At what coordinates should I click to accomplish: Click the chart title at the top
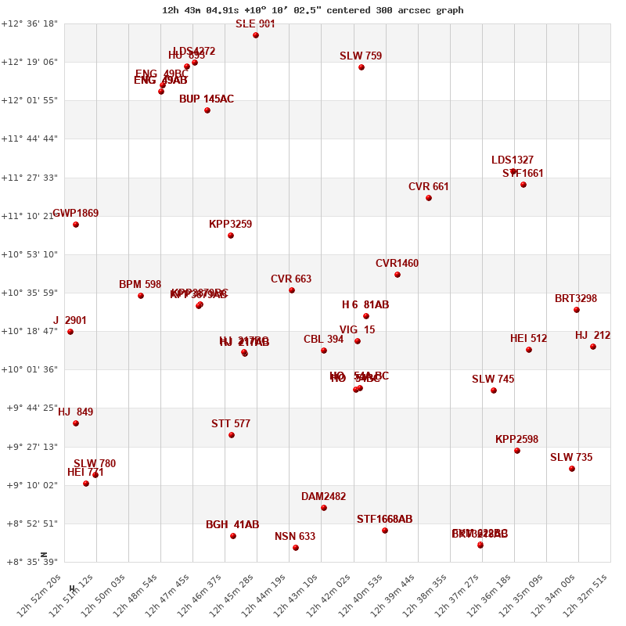(x=312, y=10)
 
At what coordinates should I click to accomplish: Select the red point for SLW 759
(x=362, y=67)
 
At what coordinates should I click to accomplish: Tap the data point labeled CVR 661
(x=429, y=198)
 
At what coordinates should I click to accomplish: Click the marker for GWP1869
(x=76, y=225)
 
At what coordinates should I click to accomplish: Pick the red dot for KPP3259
(x=231, y=236)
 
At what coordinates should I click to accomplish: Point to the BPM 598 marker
(x=141, y=296)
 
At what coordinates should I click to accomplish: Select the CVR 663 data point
(x=292, y=290)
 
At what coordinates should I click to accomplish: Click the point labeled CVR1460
(x=398, y=275)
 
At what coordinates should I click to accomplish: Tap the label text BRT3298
(x=576, y=298)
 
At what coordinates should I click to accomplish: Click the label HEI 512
(x=529, y=338)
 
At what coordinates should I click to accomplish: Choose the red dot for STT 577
(x=232, y=435)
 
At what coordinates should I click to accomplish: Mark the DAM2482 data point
(x=324, y=508)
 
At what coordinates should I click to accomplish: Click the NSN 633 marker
(x=296, y=548)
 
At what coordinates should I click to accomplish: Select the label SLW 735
(x=571, y=457)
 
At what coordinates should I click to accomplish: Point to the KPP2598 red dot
(x=517, y=451)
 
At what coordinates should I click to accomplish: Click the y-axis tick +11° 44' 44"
(x=30, y=139)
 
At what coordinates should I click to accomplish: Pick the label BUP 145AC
(x=207, y=99)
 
